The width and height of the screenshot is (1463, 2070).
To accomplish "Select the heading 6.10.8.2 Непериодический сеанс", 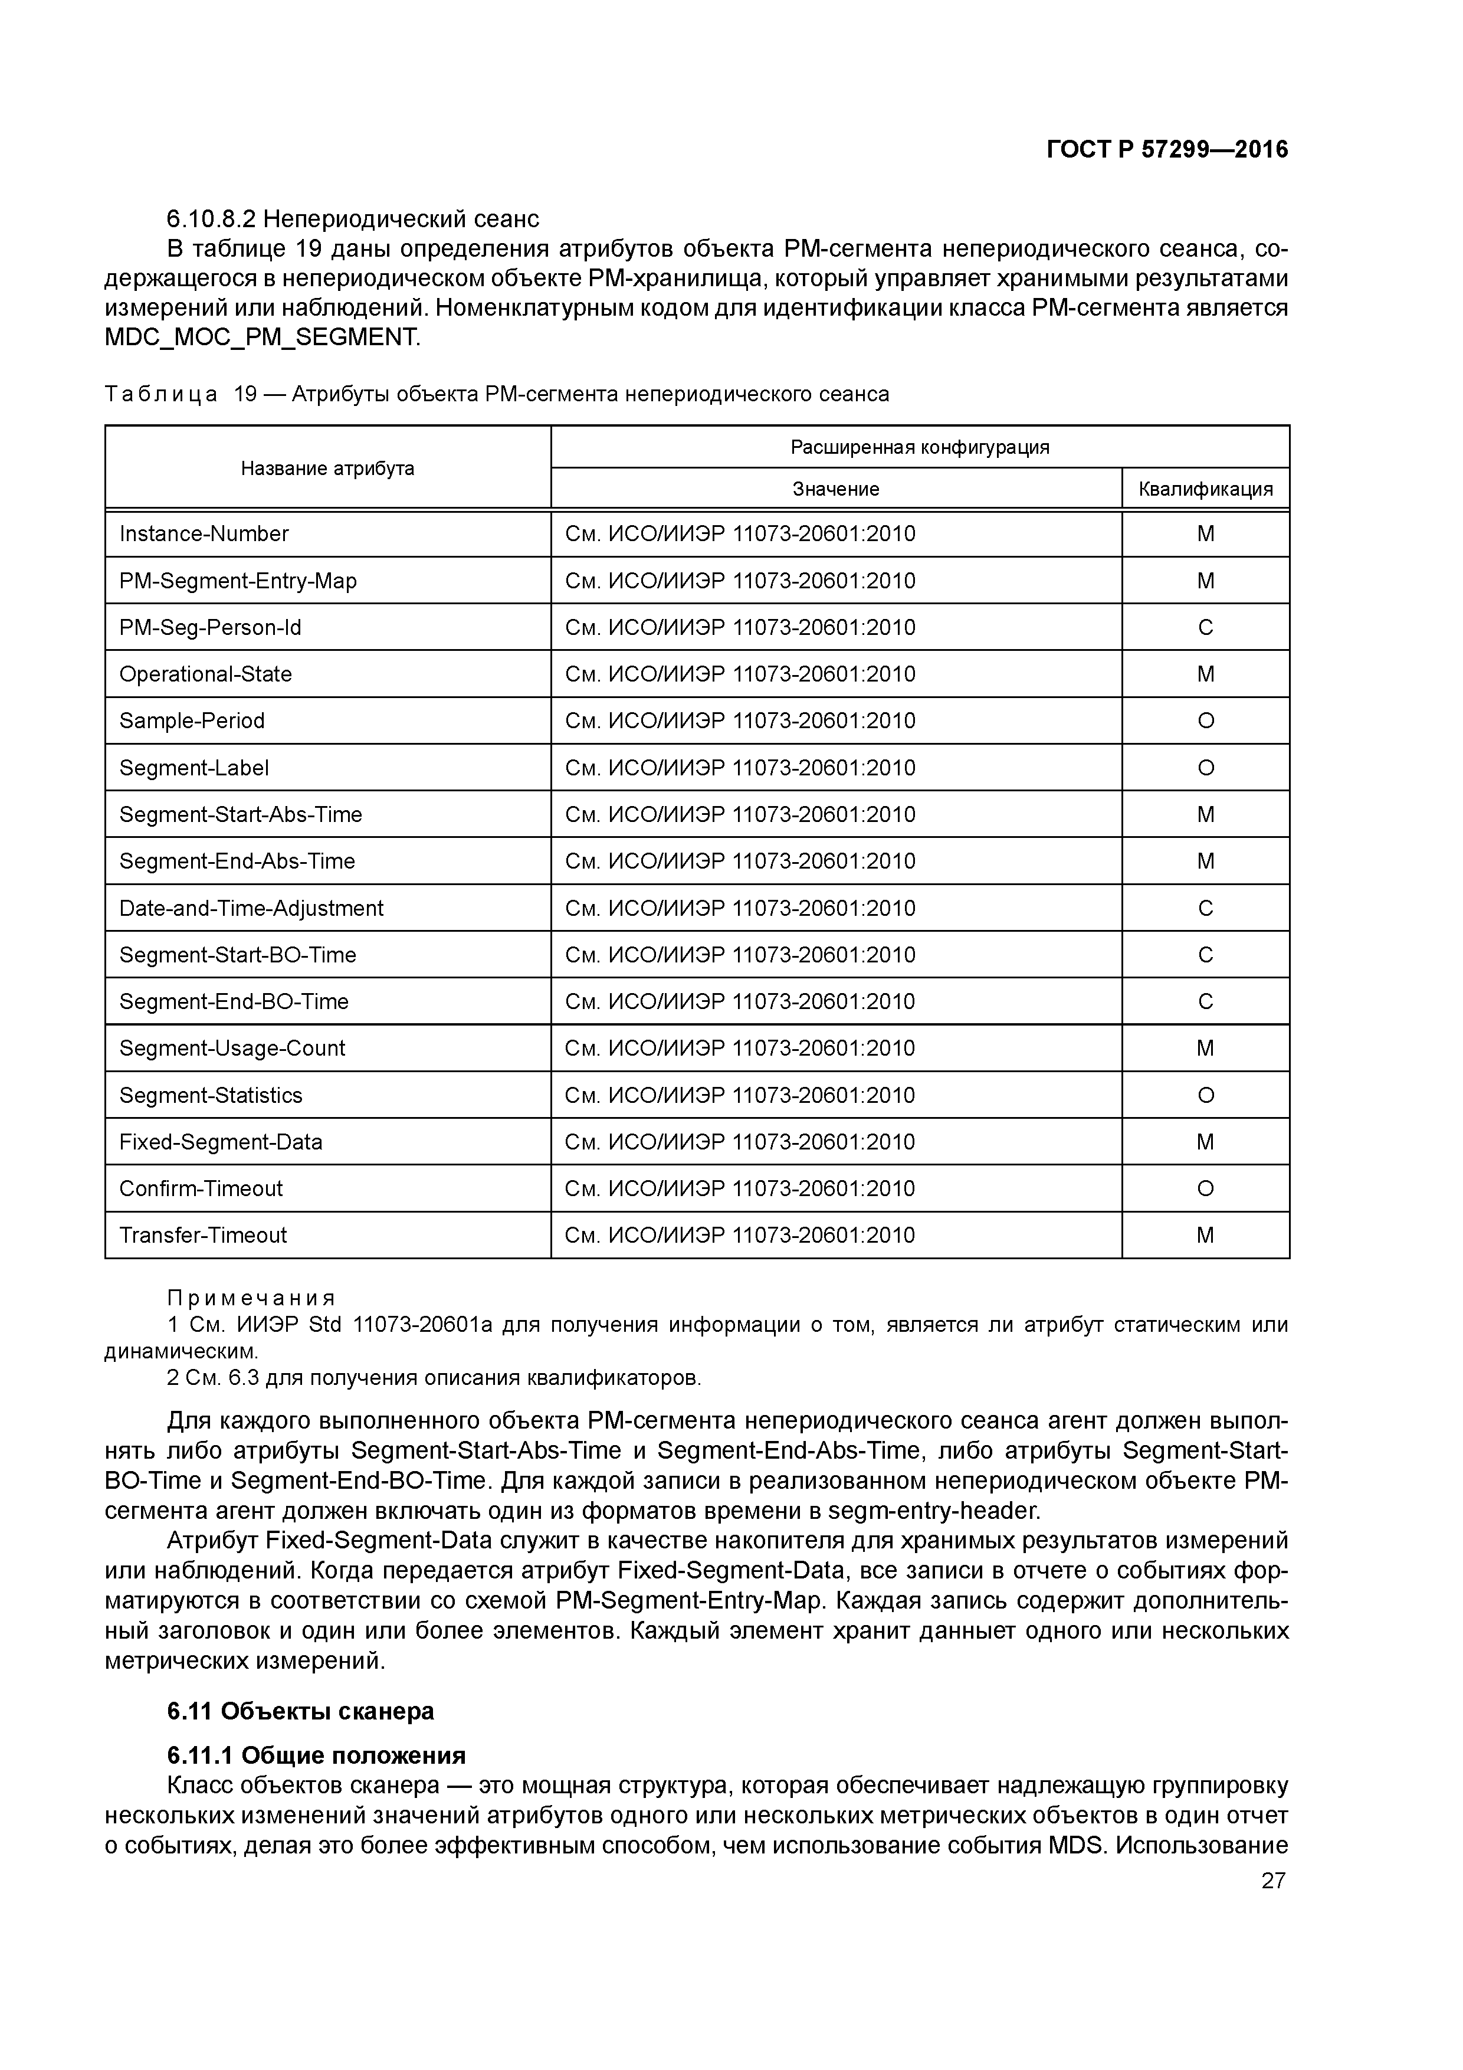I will (x=352, y=219).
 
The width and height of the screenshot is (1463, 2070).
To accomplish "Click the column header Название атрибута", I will (x=327, y=468).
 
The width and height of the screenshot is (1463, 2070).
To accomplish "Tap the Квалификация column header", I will (x=1205, y=489).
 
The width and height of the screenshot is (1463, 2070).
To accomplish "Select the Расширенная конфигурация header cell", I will (x=920, y=447).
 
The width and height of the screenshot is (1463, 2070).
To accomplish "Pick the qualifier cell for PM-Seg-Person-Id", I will (x=1205, y=627).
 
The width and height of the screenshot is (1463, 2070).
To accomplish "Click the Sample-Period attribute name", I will (x=192, y=721).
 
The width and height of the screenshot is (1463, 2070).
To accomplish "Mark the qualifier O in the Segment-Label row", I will (x=1205, y=768).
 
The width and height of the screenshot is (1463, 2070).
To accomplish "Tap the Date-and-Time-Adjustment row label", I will (x=251, y=909).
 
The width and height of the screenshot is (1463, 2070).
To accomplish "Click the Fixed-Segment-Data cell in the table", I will (x=221, y=1142).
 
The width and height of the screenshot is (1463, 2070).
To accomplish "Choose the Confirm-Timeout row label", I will (x=201, y=1189).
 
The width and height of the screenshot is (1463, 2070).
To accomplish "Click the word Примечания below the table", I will (x=251, y=1298).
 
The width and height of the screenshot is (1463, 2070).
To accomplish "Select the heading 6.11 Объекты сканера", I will (x=300, y=1711).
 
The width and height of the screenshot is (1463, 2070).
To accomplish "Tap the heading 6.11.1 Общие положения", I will (x=316, y=1755).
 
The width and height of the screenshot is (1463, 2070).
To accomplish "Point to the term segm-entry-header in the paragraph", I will (x=933, y=1510).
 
